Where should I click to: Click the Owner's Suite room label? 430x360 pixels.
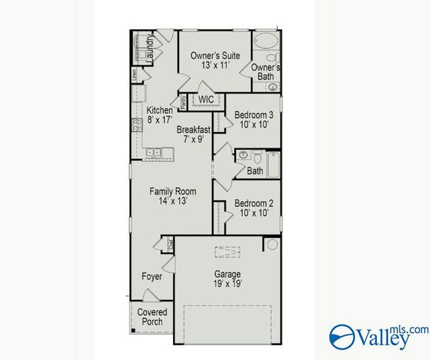[x=214, y=55]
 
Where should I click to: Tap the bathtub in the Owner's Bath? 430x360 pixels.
[x=264, y=41]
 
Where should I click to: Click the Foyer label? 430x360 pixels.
[x=152, y=277]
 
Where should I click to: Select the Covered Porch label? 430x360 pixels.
[x=152, y=316]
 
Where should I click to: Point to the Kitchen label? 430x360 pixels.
[x=159, y=110]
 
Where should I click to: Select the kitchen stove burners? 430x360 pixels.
[x=137, y=125]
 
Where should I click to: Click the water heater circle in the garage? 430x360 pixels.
[x=272, y=244]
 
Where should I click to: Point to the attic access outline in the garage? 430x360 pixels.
[x=223, y=252]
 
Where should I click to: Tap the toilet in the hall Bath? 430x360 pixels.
[x=255, y=157]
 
